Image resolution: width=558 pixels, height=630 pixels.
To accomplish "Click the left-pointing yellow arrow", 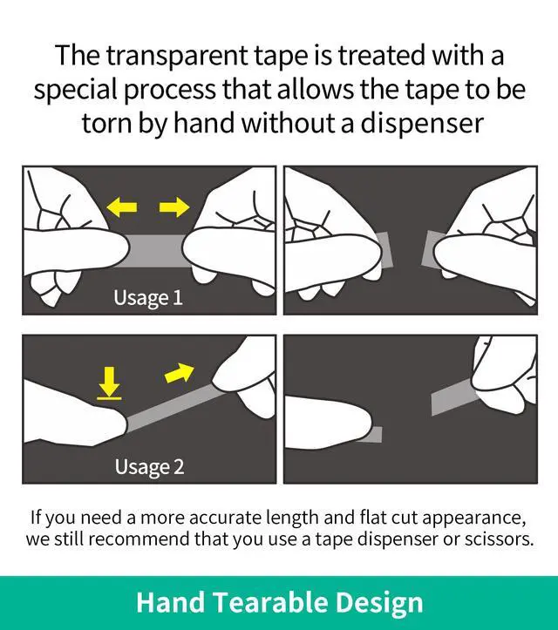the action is coord(122,207).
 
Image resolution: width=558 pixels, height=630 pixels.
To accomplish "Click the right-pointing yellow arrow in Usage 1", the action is coord(174,207).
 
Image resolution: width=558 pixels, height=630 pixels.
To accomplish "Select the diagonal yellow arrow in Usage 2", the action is coord(180,374).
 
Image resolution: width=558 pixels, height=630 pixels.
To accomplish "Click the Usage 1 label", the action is coord(148,298).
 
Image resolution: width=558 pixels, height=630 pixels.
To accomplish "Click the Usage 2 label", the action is coord(149,467).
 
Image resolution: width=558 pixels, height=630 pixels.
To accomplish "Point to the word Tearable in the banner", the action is coord(269,602).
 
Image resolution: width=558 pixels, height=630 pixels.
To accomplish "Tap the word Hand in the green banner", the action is coord(171,602).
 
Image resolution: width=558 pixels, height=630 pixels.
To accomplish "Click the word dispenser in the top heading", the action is coord(422,123).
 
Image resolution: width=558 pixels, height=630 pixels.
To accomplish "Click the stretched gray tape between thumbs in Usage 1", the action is coord(155,250).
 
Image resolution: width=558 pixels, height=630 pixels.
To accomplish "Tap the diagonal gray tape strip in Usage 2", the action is coord(175,408).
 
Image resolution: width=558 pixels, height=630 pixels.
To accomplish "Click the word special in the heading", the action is coord(75,90).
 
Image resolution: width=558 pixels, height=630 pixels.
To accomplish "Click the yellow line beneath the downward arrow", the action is coord(109,398).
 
